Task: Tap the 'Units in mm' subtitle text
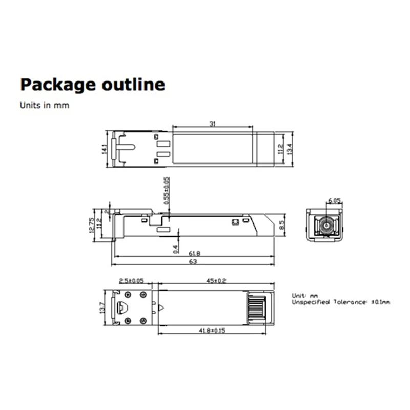point(44,106)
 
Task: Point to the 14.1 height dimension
point(104,149)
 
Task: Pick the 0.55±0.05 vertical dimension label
point(167,191)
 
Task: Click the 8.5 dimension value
point(282,224)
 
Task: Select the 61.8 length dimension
point(195,253)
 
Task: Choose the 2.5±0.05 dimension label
point(132,281)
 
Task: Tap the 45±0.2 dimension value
point(217,281)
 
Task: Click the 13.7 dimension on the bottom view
point(102,307)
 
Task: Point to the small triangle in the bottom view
point(161,309)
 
